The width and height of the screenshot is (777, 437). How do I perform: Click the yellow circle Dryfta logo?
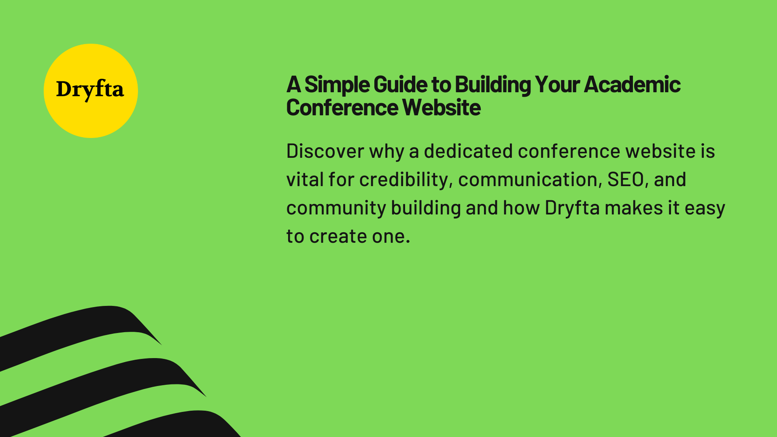click(91, 91)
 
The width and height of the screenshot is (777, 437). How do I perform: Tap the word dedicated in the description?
click(468, 151)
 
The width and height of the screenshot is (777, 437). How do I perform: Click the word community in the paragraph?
click(336, 208)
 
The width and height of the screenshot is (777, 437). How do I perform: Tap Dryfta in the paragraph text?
click(572, 208)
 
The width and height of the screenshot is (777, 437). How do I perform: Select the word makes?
click(634, 208)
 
